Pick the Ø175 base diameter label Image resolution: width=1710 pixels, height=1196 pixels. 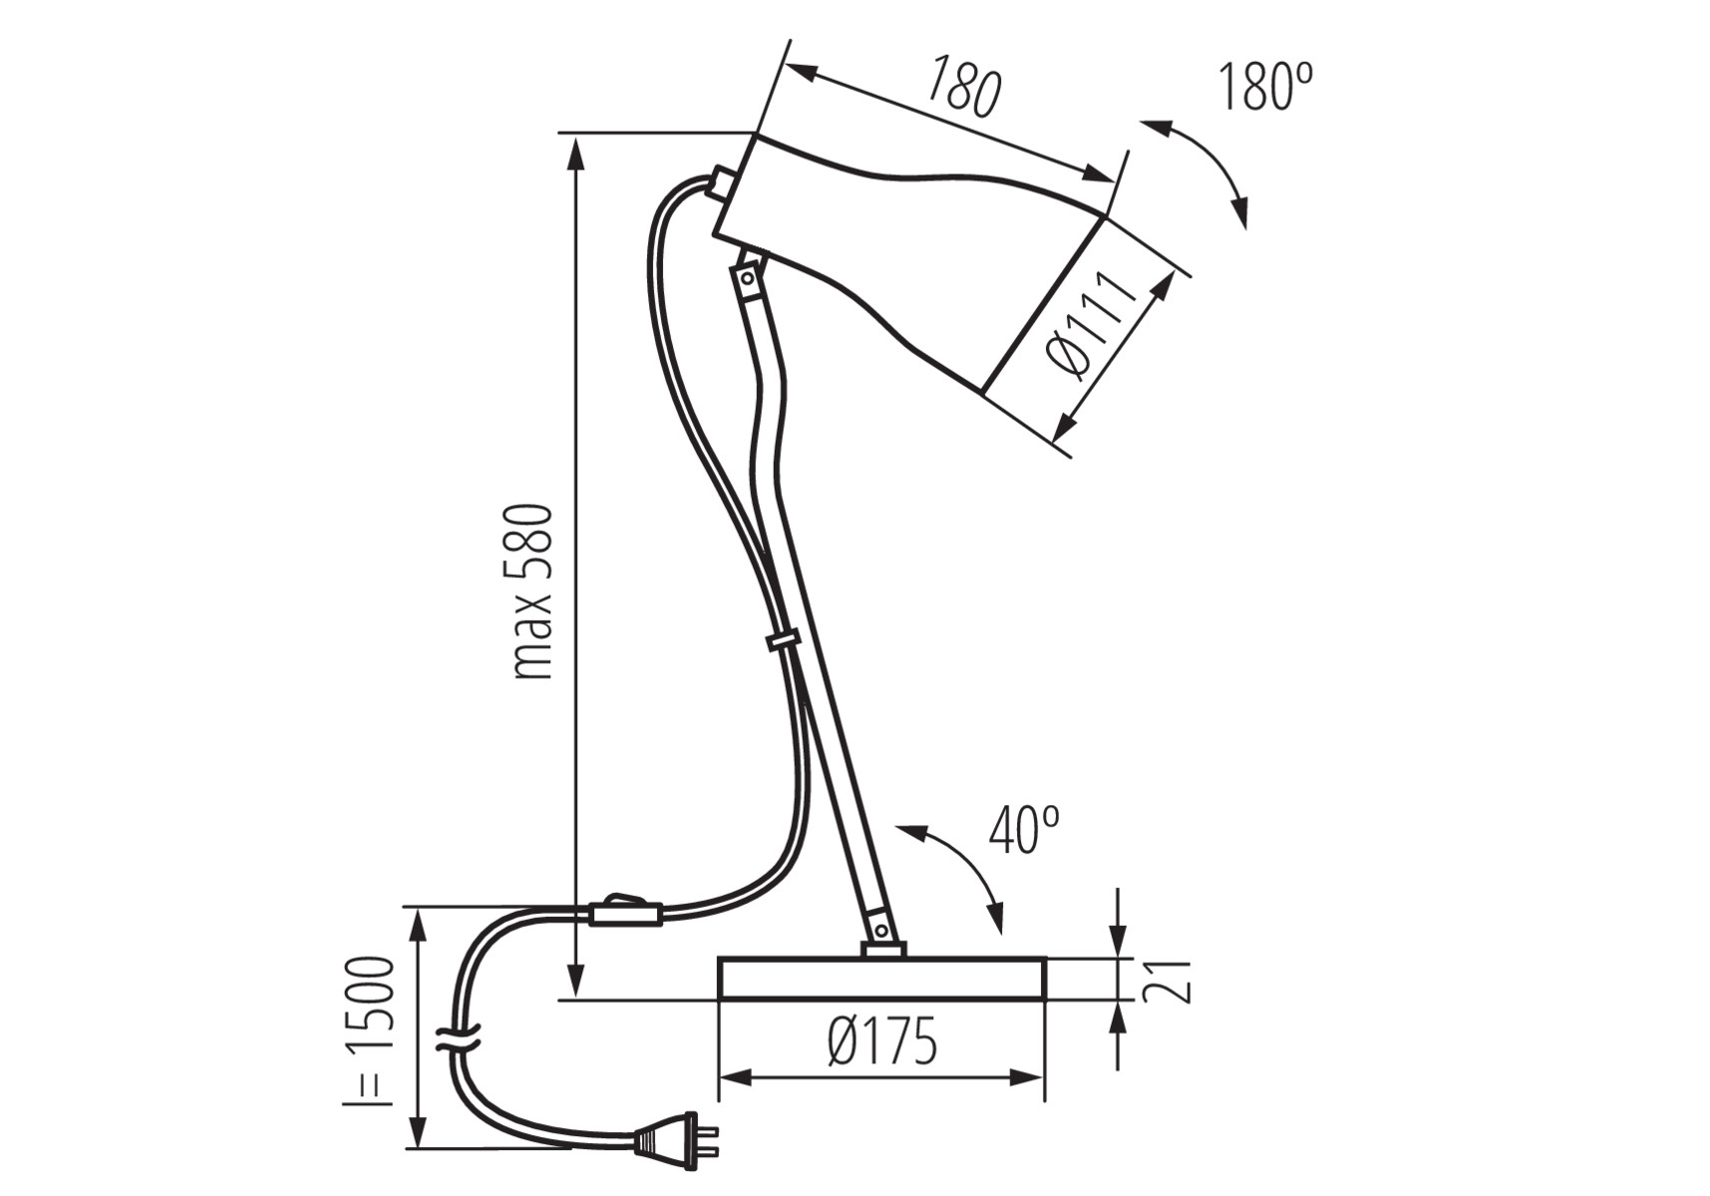coord(882,1042)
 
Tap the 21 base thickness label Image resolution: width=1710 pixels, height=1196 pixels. coord(1167,982)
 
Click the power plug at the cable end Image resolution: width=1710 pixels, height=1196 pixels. coord(675,1140)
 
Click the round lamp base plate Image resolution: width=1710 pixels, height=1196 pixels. coord(882,979)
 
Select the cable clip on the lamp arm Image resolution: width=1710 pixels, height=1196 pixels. coord(784,639)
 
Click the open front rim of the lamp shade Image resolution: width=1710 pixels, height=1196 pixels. coord(1043,303)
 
